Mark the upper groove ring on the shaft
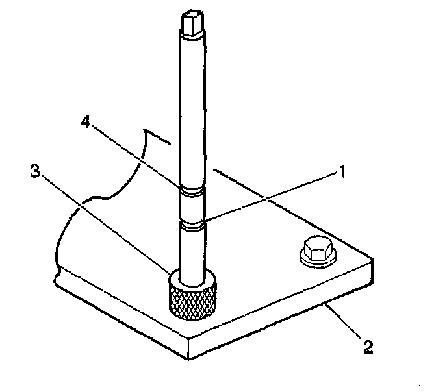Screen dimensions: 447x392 193,191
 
